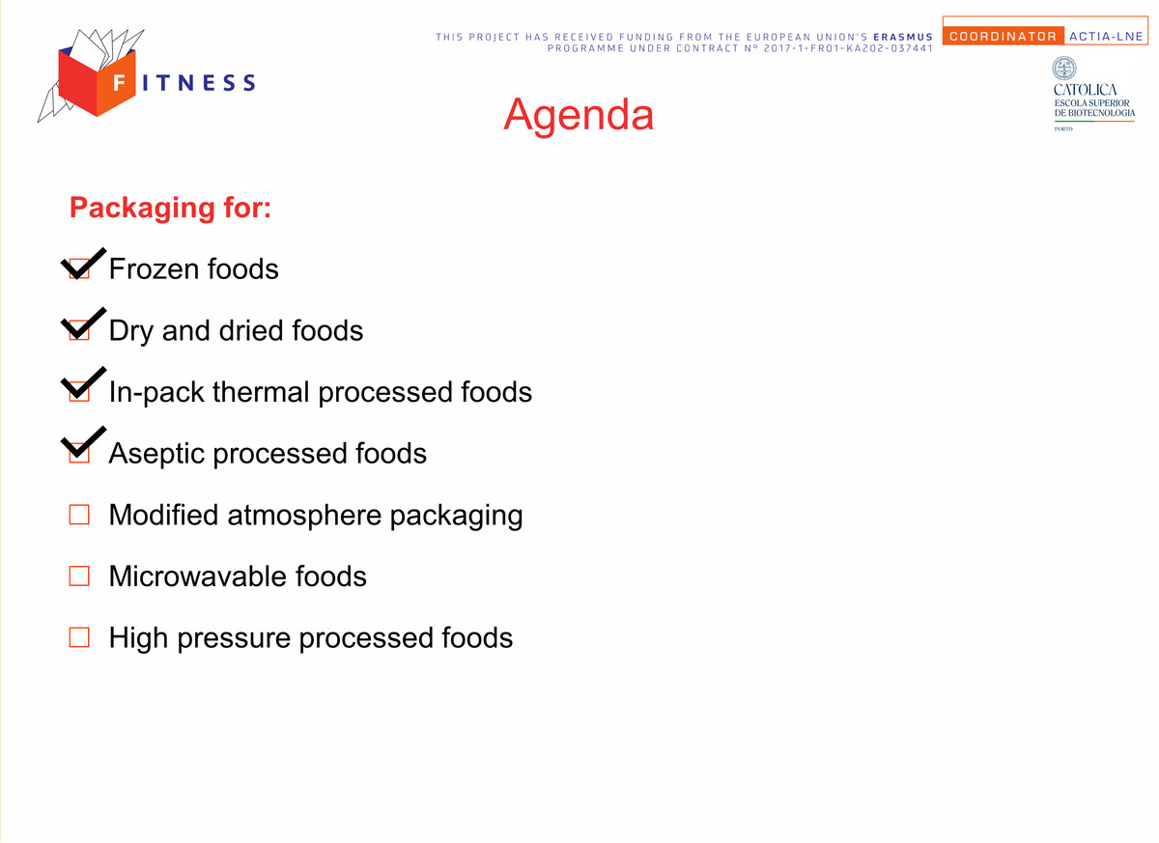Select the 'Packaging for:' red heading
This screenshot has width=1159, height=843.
170,208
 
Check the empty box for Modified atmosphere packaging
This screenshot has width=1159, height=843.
79,515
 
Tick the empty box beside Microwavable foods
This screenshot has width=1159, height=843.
79,576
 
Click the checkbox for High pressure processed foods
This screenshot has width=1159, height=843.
79,637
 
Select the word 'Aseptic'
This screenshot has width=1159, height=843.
156,454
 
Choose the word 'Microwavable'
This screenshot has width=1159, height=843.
198,576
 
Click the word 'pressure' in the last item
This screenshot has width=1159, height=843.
234,638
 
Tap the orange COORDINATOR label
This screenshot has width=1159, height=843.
1003,36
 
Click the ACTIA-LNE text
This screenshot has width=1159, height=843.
1106,36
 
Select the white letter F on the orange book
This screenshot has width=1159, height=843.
119,83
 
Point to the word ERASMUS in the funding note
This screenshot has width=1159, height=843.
903,38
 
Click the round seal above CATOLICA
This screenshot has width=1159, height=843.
1064,69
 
